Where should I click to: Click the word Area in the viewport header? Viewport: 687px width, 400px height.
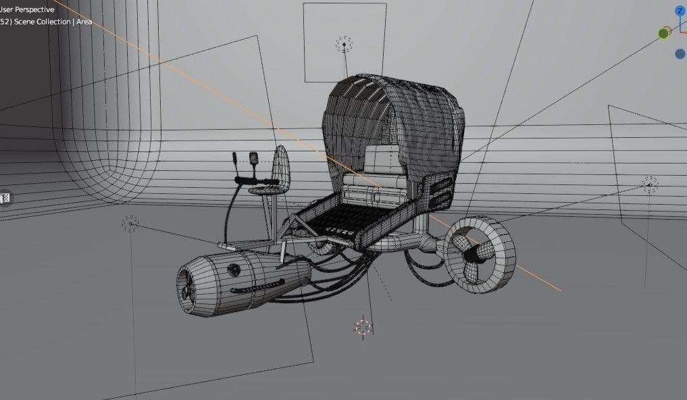84,22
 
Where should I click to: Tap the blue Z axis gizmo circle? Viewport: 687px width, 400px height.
680,11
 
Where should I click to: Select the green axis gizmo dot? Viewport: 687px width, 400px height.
663,33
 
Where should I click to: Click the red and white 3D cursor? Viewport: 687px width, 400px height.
363,328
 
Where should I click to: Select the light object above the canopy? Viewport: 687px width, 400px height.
344,44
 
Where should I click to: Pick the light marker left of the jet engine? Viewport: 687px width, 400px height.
130,223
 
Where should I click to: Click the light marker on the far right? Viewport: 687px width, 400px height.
650,183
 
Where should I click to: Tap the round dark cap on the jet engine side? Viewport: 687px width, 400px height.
234,270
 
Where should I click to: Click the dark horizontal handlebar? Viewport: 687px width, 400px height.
256,180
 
